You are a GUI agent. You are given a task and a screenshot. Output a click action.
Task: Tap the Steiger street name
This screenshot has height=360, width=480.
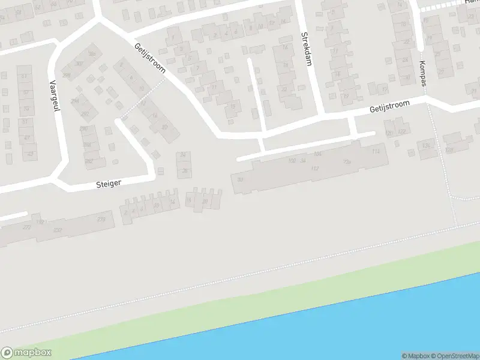coord(109,184)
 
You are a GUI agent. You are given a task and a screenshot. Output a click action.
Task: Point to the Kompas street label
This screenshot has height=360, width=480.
coord(423,73)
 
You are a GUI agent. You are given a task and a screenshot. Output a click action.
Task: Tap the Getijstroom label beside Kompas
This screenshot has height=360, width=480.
coord(389,107)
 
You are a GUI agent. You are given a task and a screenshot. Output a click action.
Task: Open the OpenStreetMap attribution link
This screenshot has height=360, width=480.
coord(456,356)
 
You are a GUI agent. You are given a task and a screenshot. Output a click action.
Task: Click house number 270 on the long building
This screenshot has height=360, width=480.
coord(101,219)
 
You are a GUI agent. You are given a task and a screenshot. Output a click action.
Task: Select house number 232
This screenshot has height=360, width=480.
coord(58,230)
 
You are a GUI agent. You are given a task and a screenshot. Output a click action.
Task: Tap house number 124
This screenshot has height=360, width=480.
coord(427,145)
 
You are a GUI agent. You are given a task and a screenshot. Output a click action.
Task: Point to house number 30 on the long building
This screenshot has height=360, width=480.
coord(241,179)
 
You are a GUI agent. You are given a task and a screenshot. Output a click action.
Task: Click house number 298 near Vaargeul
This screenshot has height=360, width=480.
coord(66,75)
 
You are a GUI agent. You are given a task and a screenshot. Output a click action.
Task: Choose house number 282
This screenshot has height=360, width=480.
coord(89,161)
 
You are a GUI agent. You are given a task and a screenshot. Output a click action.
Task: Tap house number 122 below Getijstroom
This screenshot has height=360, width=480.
coord(401,131)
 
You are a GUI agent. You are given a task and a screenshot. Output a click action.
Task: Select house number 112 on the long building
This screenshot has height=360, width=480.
coord(315,169)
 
